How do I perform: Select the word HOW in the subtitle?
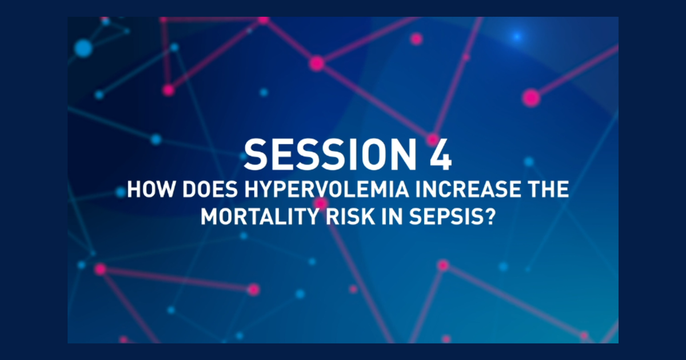point(145,190)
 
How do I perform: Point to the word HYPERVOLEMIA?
point(304,190)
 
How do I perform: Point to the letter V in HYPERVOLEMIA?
point(306,190)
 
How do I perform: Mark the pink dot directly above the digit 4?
point(433,139)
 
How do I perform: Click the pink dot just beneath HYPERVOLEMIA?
point(321,203)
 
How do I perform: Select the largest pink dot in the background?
point(531,98)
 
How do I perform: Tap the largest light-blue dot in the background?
point(83,48)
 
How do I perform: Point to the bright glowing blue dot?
point(517,37)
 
